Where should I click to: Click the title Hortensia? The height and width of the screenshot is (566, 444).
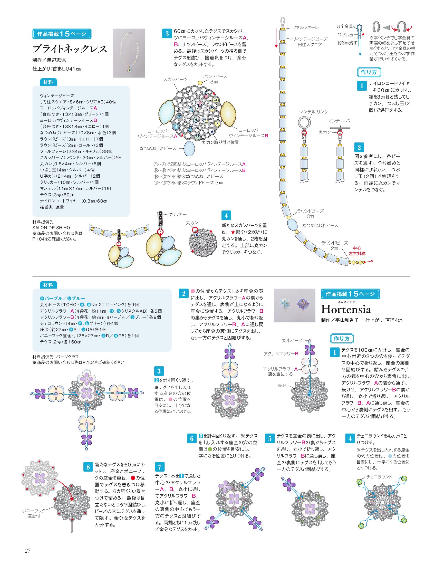pyautogui.click(x=346, y=309)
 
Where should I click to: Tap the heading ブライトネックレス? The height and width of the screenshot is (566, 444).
pyautogui.click(x=70, y=49)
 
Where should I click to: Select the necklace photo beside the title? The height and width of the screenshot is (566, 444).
pyautogui.click(x=129, y=53)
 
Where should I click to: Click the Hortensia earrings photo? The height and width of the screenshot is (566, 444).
pyautogui.click(x=295, y=305)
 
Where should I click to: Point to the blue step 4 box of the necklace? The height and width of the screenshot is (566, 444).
pyautogui.click(x=226, y=215)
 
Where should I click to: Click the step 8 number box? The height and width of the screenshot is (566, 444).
pyautogui.click(x=88, y=467)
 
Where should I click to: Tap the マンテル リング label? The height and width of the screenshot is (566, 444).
pyautogui.click(x=314, y=112)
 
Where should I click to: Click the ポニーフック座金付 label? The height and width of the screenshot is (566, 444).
pyautogui.click(x=34, y=513)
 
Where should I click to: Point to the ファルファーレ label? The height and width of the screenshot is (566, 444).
pyautogui.click(x=305, y=27)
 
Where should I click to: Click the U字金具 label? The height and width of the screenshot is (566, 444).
pyautogui.click(x=345, y=26)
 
